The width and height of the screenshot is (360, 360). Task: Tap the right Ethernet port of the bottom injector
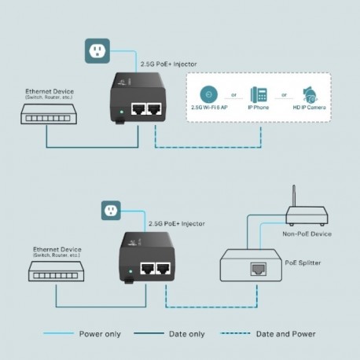(x=163, y=268)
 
